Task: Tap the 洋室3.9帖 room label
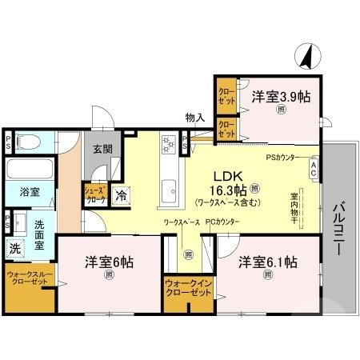pos(282,97)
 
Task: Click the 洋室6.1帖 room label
pos(268,261)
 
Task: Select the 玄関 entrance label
pos(101,149)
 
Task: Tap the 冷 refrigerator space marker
pos(121,194)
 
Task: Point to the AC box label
pos(314,169)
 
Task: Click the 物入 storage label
pos(195,118)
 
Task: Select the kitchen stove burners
pos(169,145)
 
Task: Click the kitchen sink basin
pos(170,190)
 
